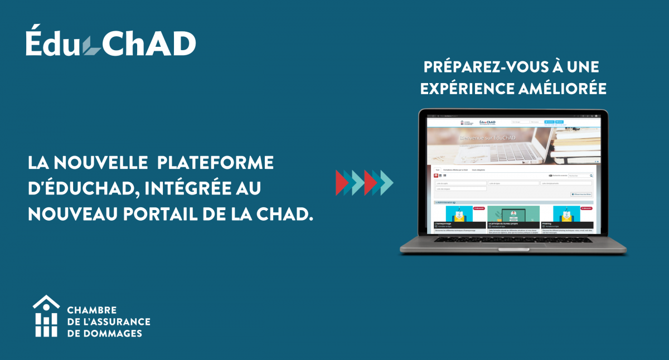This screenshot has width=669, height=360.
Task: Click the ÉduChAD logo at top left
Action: [110, 43]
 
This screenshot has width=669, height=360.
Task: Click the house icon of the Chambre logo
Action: [46, 316]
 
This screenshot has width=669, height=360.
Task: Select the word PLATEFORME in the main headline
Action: [216, 162]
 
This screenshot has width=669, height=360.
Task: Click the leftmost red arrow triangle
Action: [341, 182]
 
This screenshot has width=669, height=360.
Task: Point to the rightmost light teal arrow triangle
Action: [386, 182]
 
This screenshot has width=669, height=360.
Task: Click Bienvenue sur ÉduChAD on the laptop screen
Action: [487, 138]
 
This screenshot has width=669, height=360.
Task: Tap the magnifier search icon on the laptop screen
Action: [591, 176]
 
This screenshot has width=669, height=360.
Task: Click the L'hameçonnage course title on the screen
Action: [444, 223]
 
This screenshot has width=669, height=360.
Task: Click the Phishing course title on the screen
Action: [547, 223]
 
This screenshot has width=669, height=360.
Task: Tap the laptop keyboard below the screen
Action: [513, 240]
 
